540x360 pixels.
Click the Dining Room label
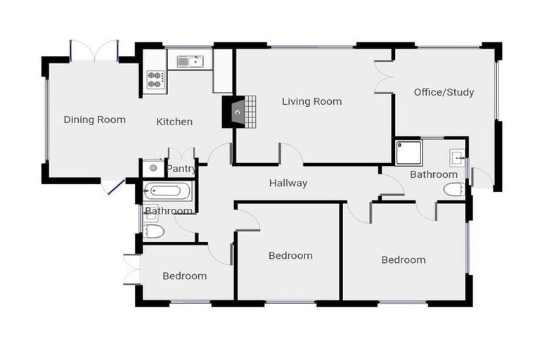(x=95, y=120)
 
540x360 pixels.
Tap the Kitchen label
(x=174, y=122)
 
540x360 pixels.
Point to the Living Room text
(x=311, y=101)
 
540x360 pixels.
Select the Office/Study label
(x=444, y=92)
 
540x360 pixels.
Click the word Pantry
(x=181, y=169)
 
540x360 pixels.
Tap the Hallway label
(x=288, y=184)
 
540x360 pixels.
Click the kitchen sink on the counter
(x=190, y=62)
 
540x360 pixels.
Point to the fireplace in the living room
(x=238, y=112)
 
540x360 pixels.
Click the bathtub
(x=167, y=191)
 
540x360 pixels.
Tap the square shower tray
(x=409, y=152)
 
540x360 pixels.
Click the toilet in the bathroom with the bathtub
(x=154, y=230)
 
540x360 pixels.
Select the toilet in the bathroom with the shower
(x=454, y=189)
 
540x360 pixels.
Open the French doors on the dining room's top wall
(x=94, y=51)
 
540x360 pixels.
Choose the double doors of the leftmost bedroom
(x=131, y=269)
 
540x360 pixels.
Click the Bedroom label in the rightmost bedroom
(x=404, y=259)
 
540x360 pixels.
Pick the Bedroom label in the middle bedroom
(x=290, y=255)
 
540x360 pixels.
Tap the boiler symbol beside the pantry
(x=153, y=169)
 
